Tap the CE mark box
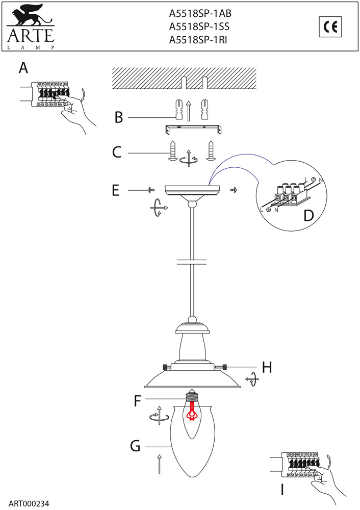coord(330,27)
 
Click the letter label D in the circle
coord(308,215)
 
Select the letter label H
coord(267,367)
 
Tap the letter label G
coord(135,446)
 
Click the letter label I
coord(282,490)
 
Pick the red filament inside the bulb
coord(192,411)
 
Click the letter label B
coord(119,118)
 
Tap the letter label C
coord(117,152)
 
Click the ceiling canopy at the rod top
coord(192,191)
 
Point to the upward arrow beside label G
coord(160,464)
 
